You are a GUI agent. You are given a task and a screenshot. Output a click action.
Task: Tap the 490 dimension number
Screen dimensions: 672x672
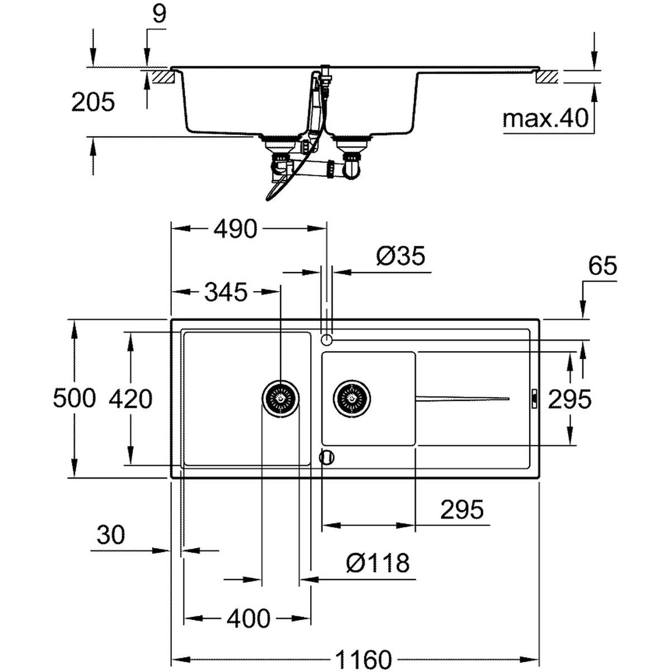point(236,229)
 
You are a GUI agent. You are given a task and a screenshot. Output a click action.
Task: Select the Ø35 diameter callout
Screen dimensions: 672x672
point(401,255)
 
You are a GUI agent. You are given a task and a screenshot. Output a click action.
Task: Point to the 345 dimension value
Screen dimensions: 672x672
point(226,292)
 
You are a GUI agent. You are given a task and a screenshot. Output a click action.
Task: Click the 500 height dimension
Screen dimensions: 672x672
point(74,398)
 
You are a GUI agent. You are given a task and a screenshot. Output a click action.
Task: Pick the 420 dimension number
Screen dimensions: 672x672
point(130,399)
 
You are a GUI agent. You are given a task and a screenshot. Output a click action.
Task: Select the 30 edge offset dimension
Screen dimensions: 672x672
point(110,535)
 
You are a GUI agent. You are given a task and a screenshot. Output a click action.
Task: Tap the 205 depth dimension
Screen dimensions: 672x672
point(93,102)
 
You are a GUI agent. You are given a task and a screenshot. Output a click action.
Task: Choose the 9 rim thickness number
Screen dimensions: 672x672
point(160,15)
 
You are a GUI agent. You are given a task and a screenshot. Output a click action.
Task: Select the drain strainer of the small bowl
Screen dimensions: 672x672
point(352,398)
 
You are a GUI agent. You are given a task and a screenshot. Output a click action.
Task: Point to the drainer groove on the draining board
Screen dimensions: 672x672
point(463,398)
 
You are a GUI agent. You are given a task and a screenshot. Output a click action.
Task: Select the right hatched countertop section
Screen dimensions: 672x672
point(547,77)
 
